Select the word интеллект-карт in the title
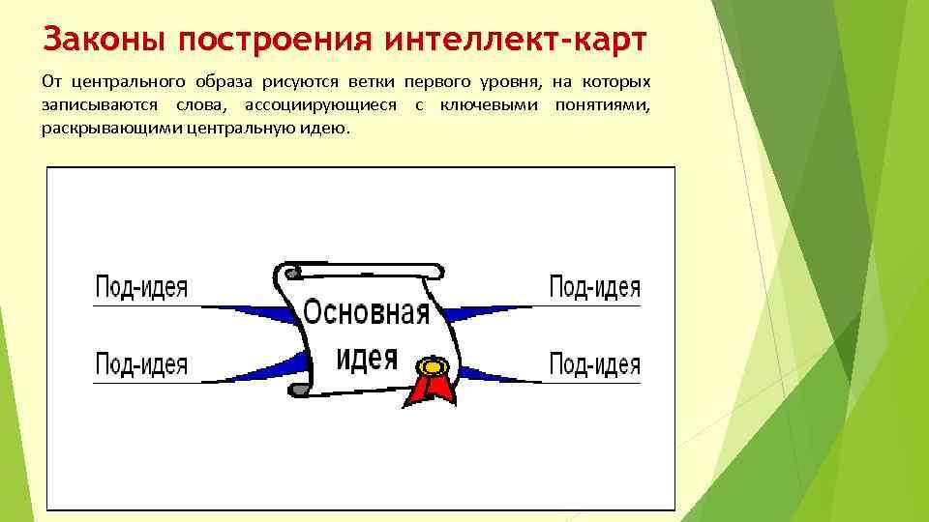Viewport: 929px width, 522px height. click(517, 41)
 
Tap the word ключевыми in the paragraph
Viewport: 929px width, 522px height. click(491, 104)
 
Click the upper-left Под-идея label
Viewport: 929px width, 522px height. click(141, 288)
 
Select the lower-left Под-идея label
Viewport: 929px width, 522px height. click(141, 364)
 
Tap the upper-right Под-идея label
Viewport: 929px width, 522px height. click(594, 287)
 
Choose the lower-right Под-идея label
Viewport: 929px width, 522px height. click(594, 364)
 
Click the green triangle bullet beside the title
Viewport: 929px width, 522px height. click(23, 42)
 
